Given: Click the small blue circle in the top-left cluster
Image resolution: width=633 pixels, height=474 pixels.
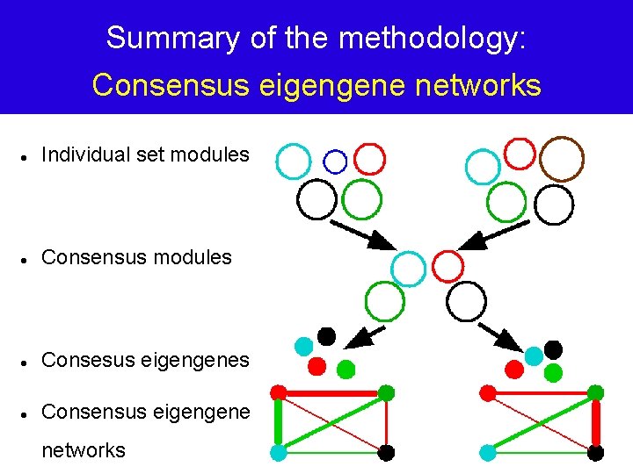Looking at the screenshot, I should coord(335,162).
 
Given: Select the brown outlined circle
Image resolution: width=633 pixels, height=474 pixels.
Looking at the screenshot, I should coord(561,159).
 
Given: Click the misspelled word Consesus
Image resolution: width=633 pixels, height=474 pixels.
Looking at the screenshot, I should coord(84,360).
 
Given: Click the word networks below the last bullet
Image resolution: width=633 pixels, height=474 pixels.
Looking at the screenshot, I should coord(84,450).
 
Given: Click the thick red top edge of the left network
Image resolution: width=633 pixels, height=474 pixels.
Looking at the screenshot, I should coord(332,392).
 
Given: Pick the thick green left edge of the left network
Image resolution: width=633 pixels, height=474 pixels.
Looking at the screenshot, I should coord(279,422).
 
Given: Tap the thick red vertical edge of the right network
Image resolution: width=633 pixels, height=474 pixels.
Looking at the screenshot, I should coord(596,423).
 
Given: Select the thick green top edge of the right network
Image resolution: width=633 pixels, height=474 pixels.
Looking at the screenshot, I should coord(541,393).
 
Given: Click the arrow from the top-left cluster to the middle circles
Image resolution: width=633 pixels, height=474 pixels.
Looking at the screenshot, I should coord(361,230).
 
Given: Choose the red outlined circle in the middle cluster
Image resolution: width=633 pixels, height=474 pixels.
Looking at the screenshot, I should coord(447,265).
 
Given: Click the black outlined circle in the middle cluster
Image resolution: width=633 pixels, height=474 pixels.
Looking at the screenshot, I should coord(466,302).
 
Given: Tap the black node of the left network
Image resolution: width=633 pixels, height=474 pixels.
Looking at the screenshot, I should coord(386,453).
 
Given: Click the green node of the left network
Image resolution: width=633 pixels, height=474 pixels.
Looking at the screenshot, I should coord(386,392).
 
